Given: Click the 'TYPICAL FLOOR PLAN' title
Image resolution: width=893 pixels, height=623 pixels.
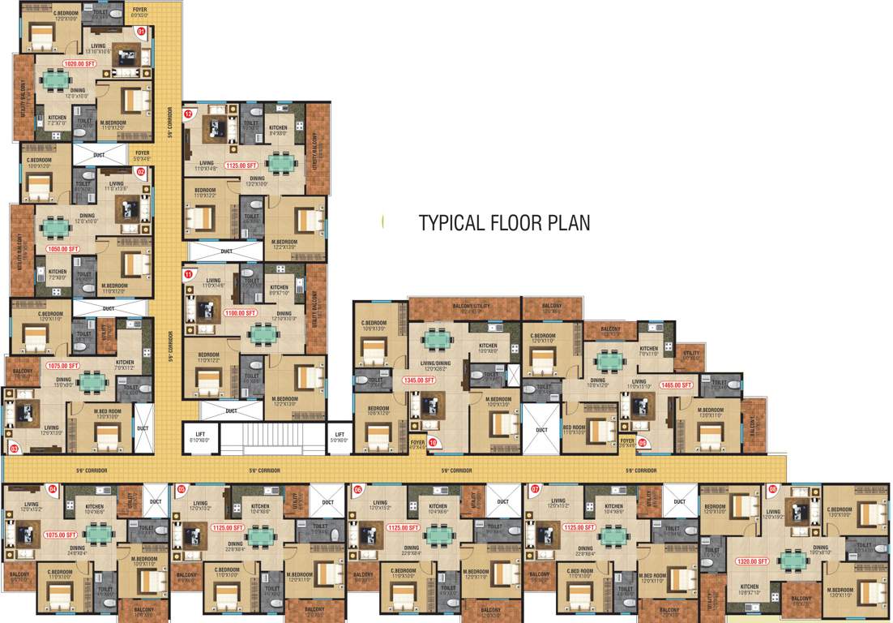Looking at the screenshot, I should click(504, 223).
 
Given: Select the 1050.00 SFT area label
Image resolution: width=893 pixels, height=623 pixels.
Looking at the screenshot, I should click(62, 249).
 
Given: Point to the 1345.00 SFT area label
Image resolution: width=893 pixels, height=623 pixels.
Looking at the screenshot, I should click(419, 379).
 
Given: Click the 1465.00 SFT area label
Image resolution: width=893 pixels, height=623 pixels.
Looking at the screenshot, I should click(676, 385).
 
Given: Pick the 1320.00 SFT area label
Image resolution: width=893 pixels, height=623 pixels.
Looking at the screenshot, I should click(752, 561).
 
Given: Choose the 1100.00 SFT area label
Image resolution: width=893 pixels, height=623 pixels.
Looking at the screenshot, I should click(241, 312).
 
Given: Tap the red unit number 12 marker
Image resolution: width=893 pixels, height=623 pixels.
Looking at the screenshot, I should click(188, 114).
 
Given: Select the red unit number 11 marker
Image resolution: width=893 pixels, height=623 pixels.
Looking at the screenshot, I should click(188, 275).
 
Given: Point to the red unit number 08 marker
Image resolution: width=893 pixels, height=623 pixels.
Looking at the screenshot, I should click(772, 489).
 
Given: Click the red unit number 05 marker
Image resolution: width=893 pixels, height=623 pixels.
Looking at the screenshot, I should click(182, 489).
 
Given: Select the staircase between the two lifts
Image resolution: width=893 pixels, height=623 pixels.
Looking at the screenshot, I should click(269, 439).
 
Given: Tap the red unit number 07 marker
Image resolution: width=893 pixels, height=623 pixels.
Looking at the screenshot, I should click(535, 489).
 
